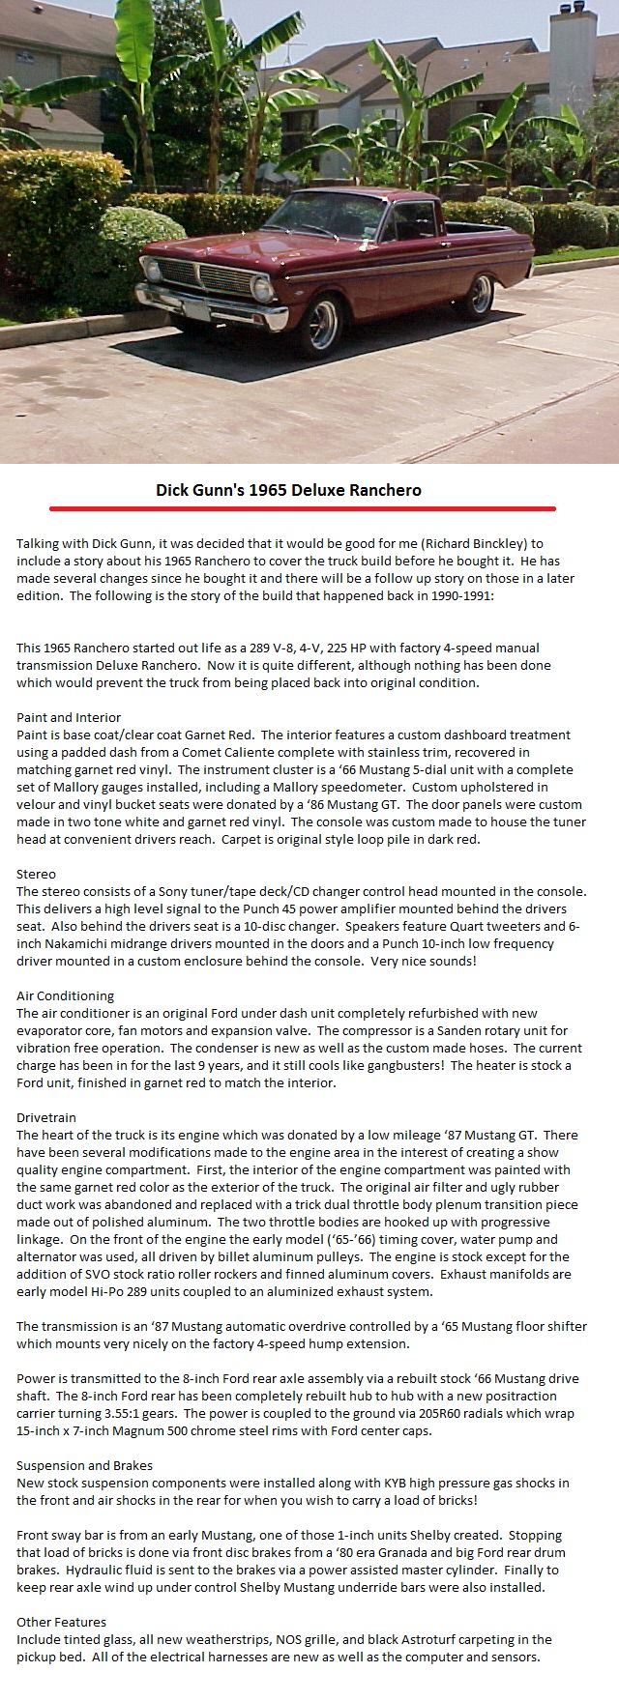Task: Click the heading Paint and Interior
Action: point(69,717)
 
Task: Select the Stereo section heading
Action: point(36,874)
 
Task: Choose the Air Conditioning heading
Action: point(65,995)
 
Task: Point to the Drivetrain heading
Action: point(48,1117)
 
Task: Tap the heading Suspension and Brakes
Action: point(84,1465)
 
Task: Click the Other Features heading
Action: point(61,1622)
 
